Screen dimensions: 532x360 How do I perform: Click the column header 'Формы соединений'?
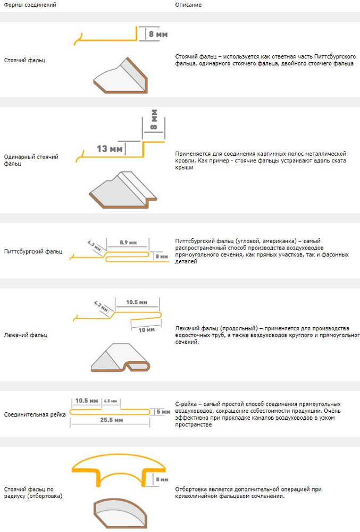(30, 5)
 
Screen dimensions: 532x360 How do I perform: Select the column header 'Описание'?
(188, 5)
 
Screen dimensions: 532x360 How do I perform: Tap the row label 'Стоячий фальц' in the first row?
(24, 60)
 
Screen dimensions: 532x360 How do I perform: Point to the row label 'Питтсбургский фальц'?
(33, 251)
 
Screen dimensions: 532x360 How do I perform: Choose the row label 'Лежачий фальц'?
(26, 335)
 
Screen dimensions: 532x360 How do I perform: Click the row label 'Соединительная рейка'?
(35, 414)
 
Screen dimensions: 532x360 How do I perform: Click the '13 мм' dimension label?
(110, 148)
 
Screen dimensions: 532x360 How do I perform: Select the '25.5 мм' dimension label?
(112, 420)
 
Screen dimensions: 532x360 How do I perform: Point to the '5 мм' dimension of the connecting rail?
(162, 412)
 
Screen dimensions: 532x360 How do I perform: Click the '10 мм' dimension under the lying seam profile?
(147, 330)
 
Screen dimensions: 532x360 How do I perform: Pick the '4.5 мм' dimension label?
(111, 401)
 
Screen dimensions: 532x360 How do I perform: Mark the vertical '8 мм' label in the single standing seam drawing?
(154, 120)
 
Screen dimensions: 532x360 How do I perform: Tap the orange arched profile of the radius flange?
(120, 463)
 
